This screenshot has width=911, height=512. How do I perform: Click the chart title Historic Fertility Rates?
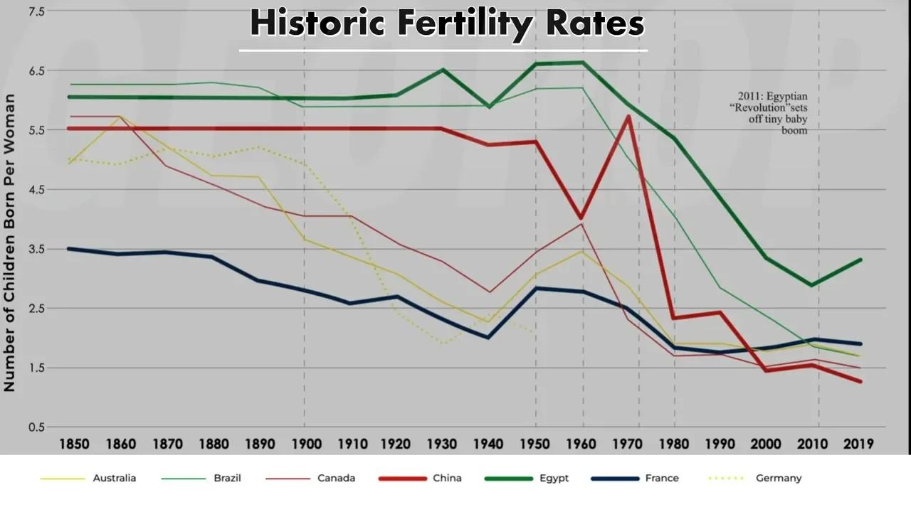pos(447,23)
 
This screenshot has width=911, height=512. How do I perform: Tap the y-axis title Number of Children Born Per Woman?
pos(9,242)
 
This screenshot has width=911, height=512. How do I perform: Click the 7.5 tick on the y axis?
pos(36,11)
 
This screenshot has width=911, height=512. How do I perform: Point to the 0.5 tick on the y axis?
pos(36,427)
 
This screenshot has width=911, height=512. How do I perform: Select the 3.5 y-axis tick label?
pos(36,249)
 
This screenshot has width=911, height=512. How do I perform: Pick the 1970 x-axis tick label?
pos(628,444)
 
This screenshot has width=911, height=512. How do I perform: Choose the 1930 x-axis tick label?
pos(442,444)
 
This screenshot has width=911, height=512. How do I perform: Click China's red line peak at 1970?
pos(628,117)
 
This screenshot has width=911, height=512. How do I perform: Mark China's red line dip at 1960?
pos(581,218)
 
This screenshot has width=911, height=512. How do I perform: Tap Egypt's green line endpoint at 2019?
pos(860,260)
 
